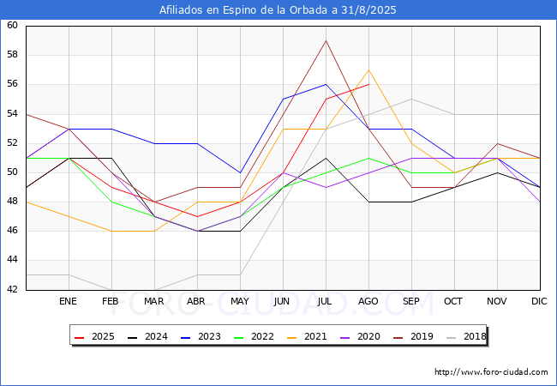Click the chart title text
coord(278,10)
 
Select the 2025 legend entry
coord(95,336)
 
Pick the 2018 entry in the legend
coord(466,336)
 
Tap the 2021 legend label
coord(307,336)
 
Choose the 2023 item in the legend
coord(201,336)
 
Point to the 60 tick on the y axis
coord(12,25)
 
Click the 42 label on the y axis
coord(12,289)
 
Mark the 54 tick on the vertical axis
coord(12,113)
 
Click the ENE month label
coord(68,301)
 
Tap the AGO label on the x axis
coord(368,301)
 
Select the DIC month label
coord(539,301)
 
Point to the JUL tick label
coord(325,301)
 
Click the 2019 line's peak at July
coord(326,40)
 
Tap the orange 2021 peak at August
coord(368,70)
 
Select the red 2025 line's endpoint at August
coord(368,85)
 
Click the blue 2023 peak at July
coord(326,85)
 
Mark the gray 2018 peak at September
coord(411,100)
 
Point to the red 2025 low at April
coord(197,216)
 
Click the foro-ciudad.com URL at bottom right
coord(491,372)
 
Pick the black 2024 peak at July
coord(326,158)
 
